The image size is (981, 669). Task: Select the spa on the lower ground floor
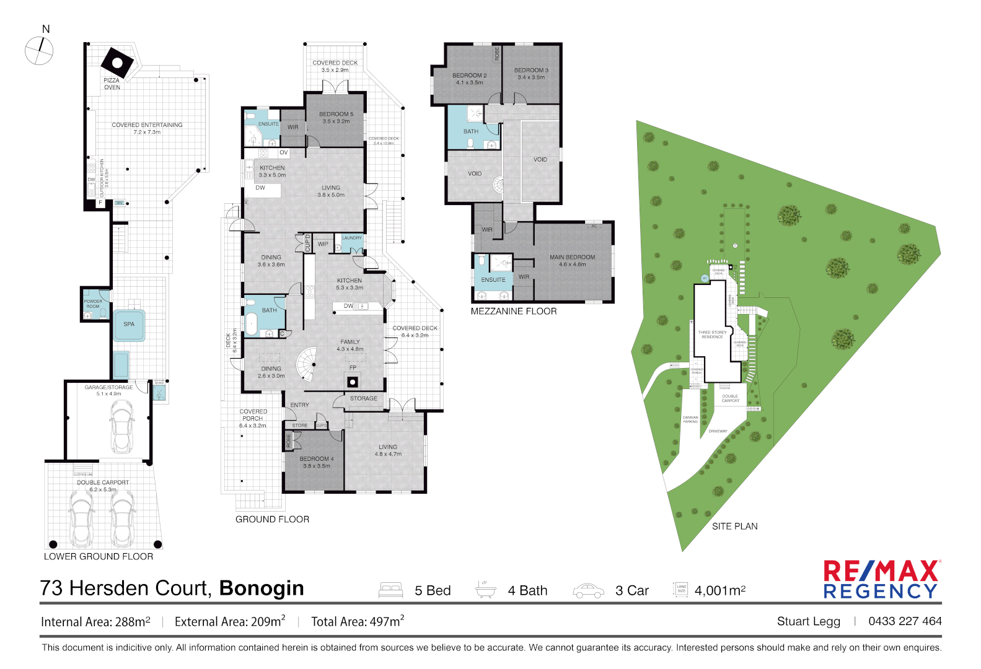(x=129, y=325)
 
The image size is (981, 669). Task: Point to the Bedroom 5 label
(x=336, y=118)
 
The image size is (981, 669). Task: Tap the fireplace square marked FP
(x=352, y=381)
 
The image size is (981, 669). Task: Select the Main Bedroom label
(x=572, y=260)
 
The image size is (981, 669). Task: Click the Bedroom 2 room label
(x=469, y=79)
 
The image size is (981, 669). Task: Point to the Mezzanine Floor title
(x=513, y=312)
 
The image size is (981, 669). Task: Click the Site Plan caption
(x=734, y=527)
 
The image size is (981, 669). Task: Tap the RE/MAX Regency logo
(x=881, y=580)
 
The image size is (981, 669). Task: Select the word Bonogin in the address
(x=262, y=588)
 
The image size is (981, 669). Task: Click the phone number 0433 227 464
(x=905, y=621)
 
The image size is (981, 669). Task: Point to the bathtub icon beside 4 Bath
(x=486, y=590)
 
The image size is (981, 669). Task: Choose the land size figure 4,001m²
(x=719, y=591)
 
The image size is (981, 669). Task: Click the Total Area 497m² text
(x=358, y=622)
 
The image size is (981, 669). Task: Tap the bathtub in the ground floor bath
(x=252, y=323)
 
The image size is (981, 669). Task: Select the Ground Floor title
(x=272, y=520)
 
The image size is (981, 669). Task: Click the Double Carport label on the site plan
(x=730, y=398)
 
